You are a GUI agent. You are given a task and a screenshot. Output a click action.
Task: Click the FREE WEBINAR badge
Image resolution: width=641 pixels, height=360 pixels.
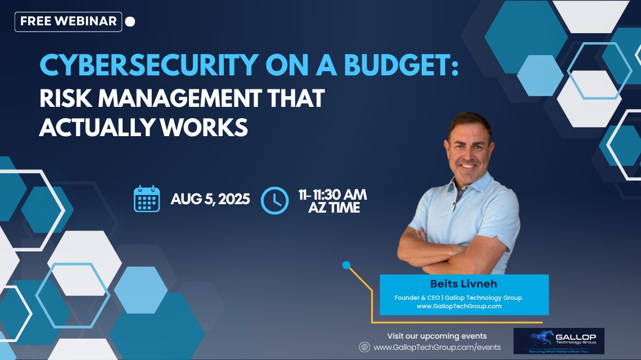coord(68,21)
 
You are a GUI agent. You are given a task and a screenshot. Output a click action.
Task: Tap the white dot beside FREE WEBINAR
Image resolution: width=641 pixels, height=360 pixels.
coord(130,22)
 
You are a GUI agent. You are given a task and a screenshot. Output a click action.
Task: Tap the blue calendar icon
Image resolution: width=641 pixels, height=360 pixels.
coord(147,199)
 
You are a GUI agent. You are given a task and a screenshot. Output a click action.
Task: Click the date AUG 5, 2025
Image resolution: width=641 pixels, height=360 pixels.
coord(210,200)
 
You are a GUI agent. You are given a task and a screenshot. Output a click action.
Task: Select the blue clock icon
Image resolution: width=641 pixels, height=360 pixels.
coord(274,200)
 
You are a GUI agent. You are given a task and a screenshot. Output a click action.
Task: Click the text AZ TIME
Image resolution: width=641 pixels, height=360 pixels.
coord(334,208)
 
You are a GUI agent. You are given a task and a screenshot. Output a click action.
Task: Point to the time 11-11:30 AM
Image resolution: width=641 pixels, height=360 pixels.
coord(332,195)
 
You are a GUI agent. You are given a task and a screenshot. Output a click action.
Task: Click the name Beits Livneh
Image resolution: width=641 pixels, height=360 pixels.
coord(463,285)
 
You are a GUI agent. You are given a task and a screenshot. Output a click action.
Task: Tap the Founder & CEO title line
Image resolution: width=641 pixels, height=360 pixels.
coord(463,297)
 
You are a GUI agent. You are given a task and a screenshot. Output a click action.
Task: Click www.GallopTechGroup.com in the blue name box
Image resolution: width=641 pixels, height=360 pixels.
coord(463,307)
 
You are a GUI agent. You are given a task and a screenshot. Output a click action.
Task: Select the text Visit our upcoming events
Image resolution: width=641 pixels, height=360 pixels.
coord(437,336)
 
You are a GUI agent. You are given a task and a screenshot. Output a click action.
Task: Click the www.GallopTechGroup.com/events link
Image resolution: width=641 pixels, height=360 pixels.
coord(437,348)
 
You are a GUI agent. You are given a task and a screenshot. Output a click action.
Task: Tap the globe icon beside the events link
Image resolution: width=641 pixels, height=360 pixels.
coord(364,347)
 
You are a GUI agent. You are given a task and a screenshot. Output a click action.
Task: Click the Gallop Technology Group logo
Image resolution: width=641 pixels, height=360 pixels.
coord(559,341)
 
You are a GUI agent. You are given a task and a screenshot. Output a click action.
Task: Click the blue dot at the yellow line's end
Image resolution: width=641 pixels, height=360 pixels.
coord(346,265)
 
